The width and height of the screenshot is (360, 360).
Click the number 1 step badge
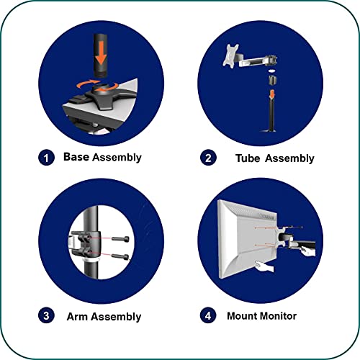point(46,158)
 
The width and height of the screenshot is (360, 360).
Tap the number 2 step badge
point(208,158)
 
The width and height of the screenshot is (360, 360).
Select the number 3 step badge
point(46,315)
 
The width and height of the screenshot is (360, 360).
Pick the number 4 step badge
point(208,315)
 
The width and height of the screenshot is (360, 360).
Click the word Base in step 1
point(76,157)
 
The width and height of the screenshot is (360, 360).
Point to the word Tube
point(248,158)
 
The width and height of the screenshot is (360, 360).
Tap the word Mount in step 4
point(242,316)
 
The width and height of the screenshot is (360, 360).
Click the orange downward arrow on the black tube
point(102,53)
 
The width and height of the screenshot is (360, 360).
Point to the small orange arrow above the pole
point(271,94)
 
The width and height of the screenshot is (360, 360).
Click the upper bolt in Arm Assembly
point(120,239)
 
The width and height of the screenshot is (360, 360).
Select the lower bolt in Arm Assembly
point(120,256)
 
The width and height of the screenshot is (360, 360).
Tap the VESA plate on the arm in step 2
point(230,55)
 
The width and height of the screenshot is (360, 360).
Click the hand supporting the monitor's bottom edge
point(264,266)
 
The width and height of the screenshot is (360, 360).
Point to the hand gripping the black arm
point(308,252)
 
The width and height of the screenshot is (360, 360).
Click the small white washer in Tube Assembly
point(272,71)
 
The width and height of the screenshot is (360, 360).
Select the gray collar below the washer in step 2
point(272,80)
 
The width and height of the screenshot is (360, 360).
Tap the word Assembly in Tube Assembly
point(289,159)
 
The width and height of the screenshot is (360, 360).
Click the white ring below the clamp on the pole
point(91,260)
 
